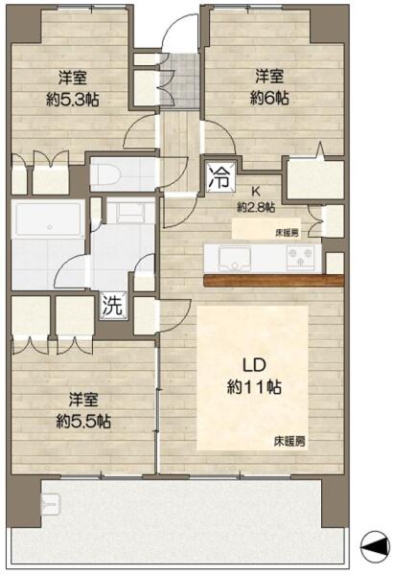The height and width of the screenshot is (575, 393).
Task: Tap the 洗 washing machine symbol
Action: pyautogui.click(x=114, y=305)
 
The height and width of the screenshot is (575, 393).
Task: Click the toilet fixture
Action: pyautogui.click(x=106, y=172)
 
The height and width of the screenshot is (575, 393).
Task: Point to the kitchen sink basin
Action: pyautogui.click(x=235, y=258)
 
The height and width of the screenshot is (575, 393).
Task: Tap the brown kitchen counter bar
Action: pyautogui.click(x=274, y=280)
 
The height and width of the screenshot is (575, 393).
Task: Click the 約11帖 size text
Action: pyautogui.click(x=254, y=387)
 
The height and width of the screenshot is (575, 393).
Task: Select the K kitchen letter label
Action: pyautogui.click(x=256, y=191)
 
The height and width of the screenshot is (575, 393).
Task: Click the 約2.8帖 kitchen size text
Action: pyautogui.click(x=256, y=208)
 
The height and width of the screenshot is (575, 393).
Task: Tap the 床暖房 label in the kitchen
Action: pyautogui.click(x=287, y=233)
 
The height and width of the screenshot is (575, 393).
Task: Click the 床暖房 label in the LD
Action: pyautogui.click(x=289, y=441)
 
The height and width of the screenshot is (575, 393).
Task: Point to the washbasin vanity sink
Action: pyautogui.click(x=130, y=212)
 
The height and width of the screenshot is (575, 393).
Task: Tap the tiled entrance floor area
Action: pyautogui.click(x=179, y=81)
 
